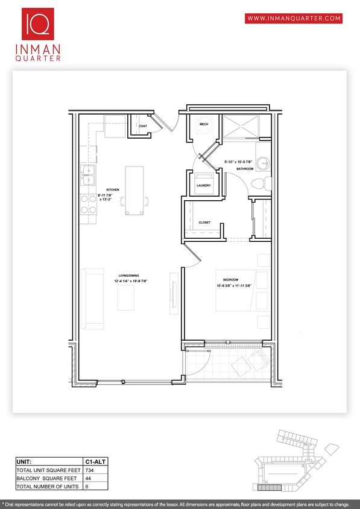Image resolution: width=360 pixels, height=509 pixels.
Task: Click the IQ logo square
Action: click(38, 24)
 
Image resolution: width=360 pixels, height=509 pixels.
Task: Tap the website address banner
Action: click(294, 19)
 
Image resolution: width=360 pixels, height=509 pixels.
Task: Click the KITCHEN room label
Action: click(113, 190)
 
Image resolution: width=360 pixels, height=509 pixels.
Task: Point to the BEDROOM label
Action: click(230, 280)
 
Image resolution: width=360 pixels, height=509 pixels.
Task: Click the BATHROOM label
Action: click(245, 169)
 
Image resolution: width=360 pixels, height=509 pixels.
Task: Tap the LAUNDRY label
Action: click(204, 185)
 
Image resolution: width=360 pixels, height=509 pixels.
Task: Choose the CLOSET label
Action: click(204, 223)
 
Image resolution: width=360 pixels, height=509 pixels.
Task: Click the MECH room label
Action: click(204, 124)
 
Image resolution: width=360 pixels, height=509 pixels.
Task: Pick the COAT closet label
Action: click(143, 126)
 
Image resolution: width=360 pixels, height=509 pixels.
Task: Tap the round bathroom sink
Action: click(263, 163)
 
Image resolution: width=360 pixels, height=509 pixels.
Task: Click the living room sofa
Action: click(94, 299)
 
